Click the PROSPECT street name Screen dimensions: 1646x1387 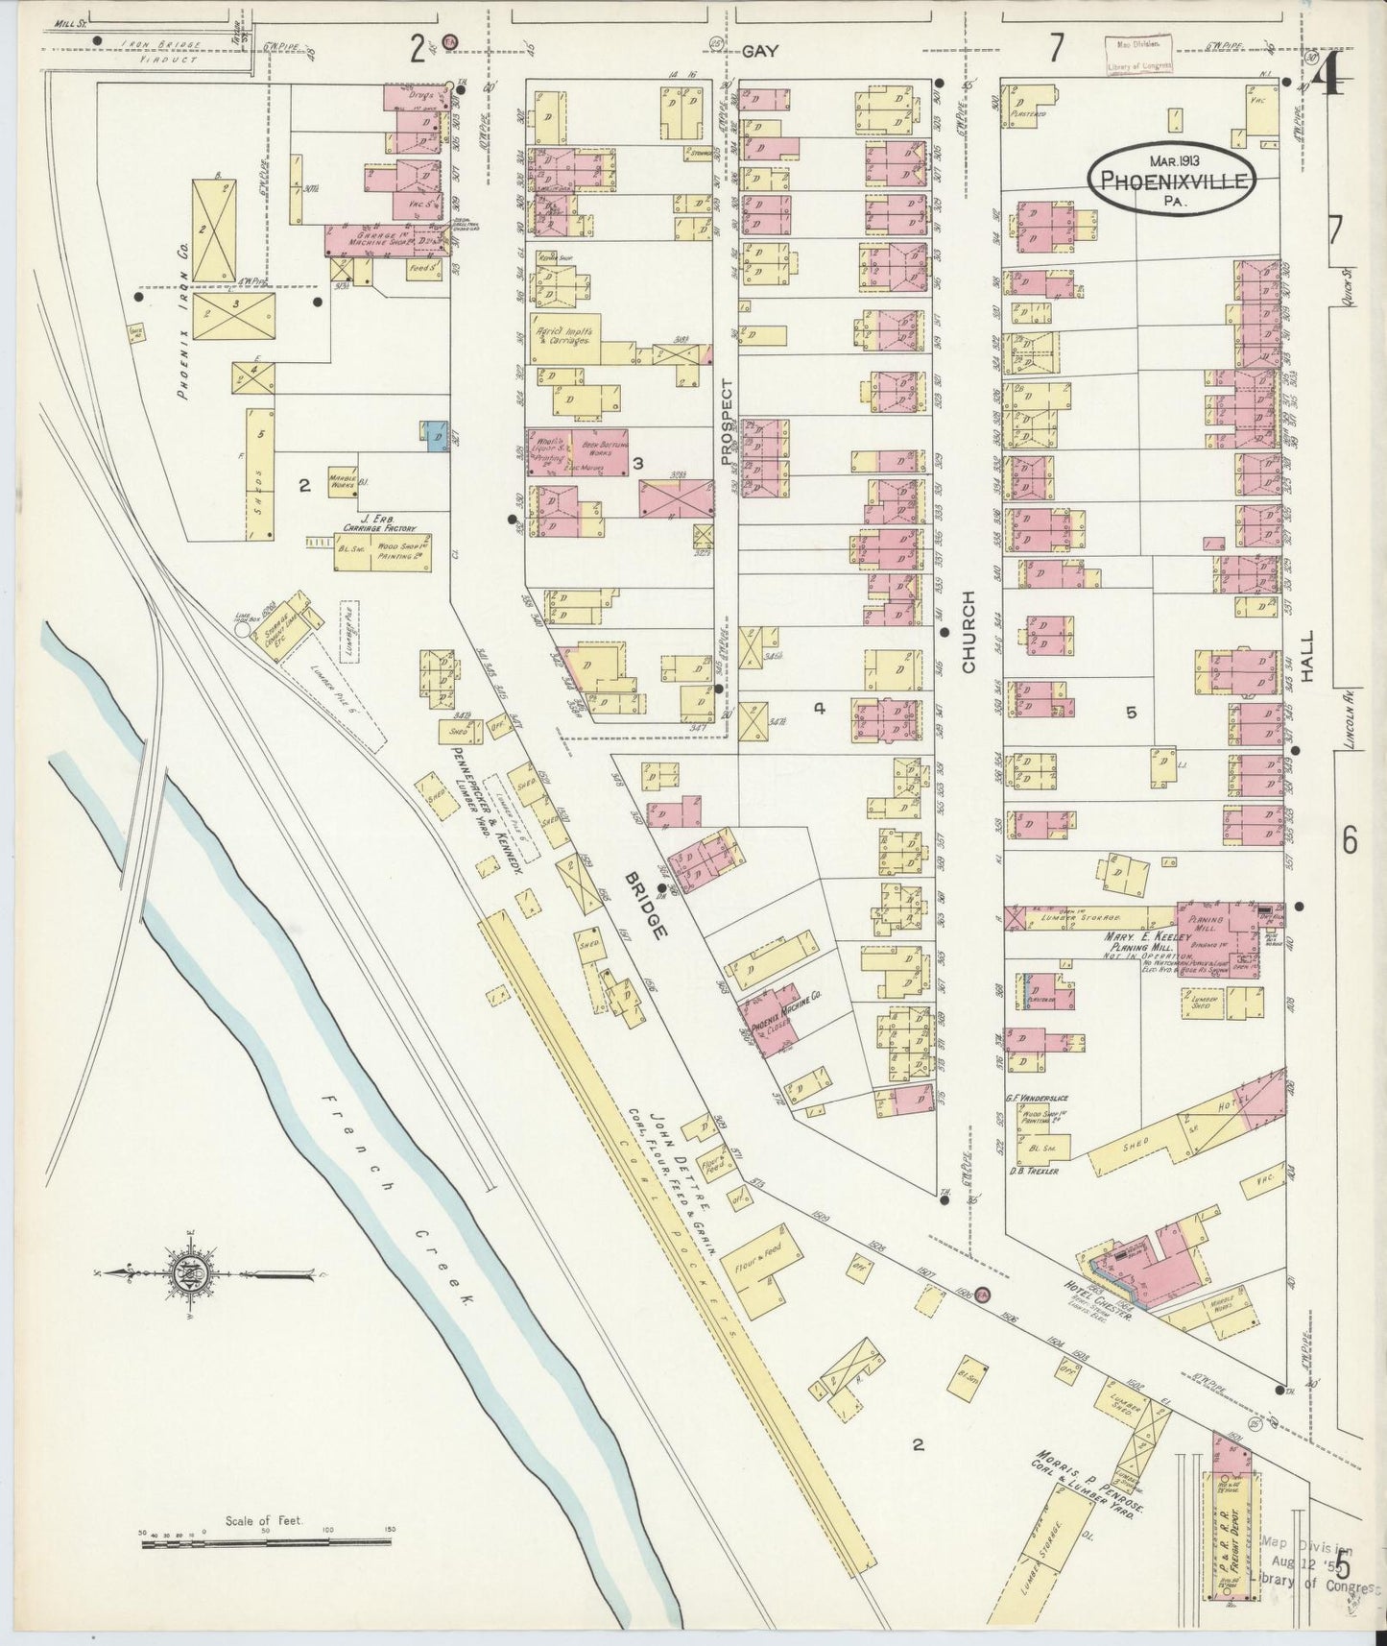tap(727, 422)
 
